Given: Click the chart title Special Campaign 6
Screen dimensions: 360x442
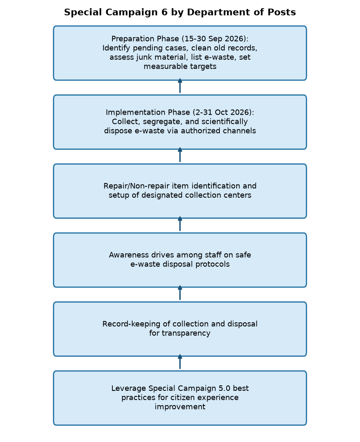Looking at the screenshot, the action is (x=180, y=12).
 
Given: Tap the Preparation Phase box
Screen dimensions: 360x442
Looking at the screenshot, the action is (x=180, y=53).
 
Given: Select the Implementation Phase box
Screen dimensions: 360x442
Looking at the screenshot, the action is (x=180, y=122).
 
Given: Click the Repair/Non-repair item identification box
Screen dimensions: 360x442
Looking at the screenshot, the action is (x=180, y=191).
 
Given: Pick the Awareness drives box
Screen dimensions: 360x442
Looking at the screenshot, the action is (x=180, y=260).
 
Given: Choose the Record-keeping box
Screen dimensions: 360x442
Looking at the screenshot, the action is (x=180, y=329).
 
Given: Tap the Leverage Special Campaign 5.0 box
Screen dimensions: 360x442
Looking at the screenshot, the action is (x=180, y=398).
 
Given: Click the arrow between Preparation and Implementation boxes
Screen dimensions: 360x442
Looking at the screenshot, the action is (x=180, y=86).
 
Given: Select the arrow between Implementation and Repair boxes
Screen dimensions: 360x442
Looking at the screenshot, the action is (x=180, y=155).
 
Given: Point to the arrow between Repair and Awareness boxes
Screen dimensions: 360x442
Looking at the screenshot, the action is (x=180, y=224).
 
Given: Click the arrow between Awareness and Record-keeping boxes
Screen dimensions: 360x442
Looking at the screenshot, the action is (x=180, y=293).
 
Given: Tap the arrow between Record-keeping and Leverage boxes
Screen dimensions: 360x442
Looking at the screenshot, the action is (x=180, y=362).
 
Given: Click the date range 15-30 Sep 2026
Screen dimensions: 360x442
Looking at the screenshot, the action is (x=215, y=39).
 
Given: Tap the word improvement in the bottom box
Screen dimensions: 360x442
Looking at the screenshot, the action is (x=180, y=407).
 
